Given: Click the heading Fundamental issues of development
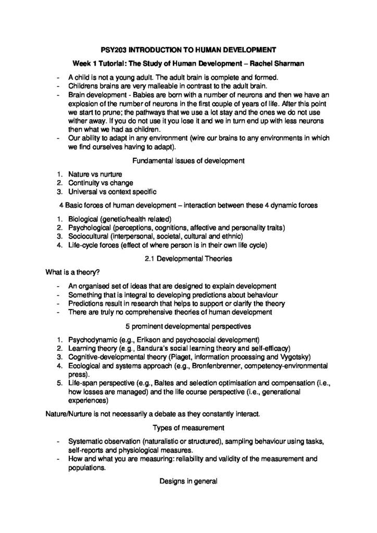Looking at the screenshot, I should click(188, 161).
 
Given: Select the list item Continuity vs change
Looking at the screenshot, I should click(100, 183).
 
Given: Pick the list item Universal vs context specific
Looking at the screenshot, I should click(112, 192).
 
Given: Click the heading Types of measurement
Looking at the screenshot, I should click(188, 428).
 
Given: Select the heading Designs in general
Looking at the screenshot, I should click(188, 481).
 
